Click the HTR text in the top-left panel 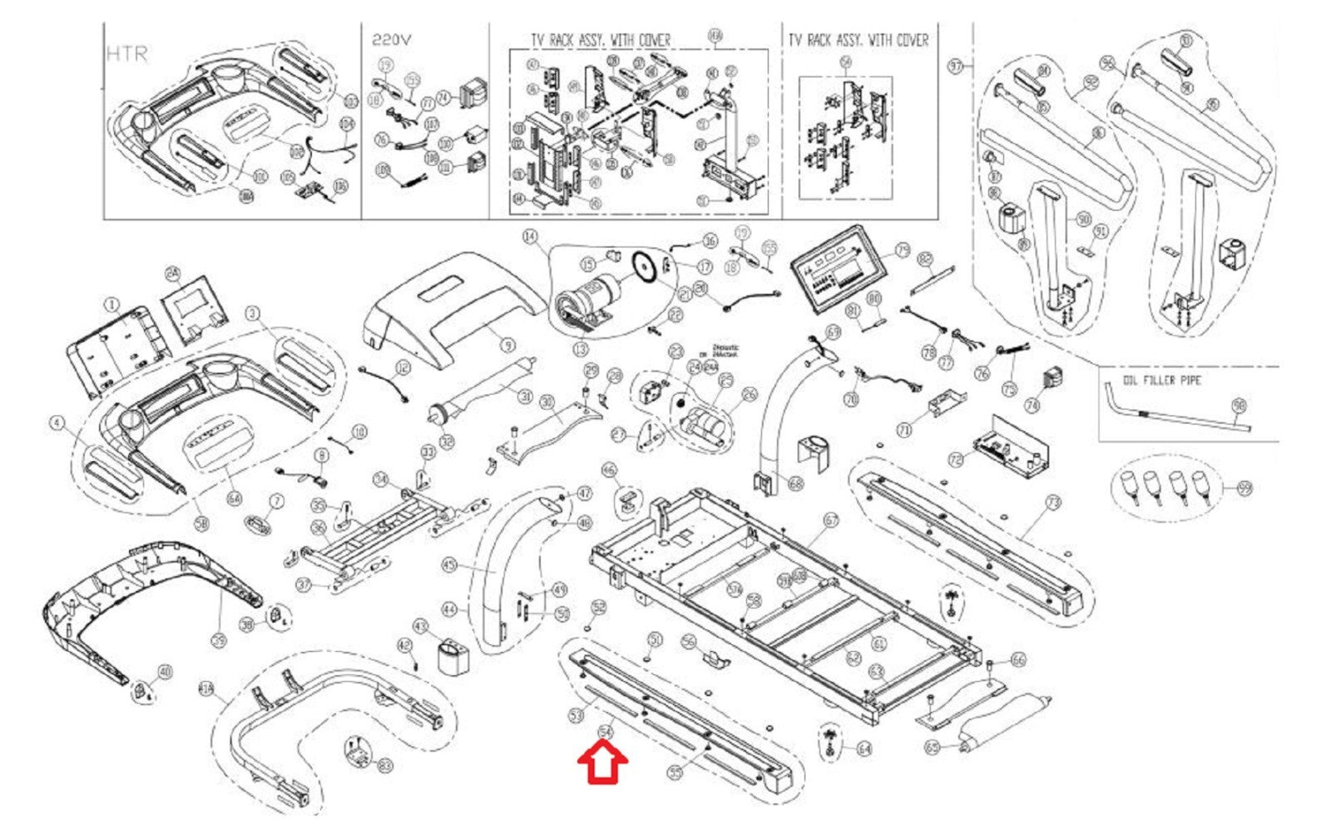point(126,54)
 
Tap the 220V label point(391,39)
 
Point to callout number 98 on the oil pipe point(1239,406)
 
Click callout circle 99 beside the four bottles point(1244,488)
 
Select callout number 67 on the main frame point(831,520)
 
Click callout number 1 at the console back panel point(112,306)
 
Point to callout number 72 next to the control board point(956,460)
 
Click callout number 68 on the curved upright point(796,483)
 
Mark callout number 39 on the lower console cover point(218,639)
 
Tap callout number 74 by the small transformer point(1032,405)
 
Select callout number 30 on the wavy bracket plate point(547,403)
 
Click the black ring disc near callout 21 point(643,266)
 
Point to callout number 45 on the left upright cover point(450,566)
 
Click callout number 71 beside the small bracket point(905,430)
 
